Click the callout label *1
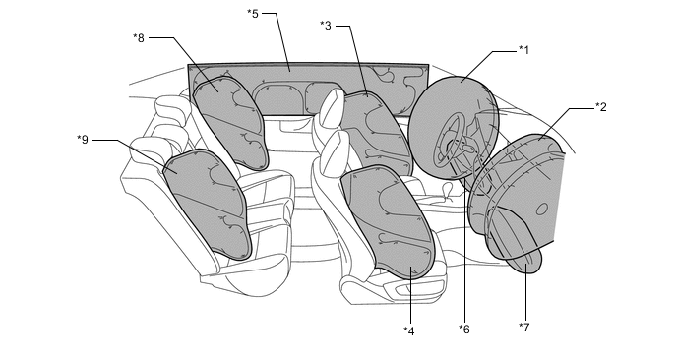[523, 50]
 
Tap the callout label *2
[601, 106]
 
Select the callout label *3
[326, 26]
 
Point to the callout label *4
[409, 331]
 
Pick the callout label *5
[253, 14]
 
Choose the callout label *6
[464, 330]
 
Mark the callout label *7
[524, 328]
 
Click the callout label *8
[139, 38]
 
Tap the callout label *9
[83, 140]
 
